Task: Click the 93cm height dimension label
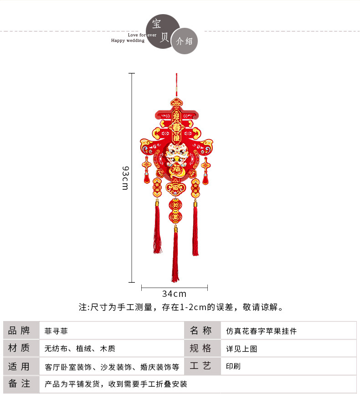coord(125,178)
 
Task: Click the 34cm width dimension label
coord(174,294)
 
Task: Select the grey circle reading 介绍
coord(185,41)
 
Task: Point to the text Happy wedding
coord(128,41)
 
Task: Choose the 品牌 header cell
coord(19,331)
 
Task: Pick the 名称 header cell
coord(201,331)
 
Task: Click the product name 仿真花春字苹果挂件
coord(261,331)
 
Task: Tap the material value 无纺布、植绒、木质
coord(80,349)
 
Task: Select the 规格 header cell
coord(201,349)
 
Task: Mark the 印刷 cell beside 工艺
coord(233,366)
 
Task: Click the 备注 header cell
coord(19,384)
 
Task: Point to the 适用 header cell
coord(19,366)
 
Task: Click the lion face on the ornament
coord(175,153)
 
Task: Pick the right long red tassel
coord(195,230)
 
